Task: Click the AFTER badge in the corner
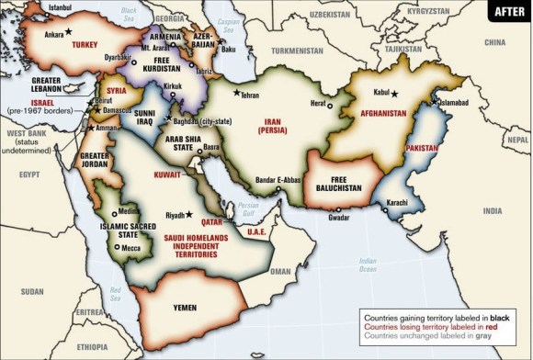pyautogui.click(x=507, y=13)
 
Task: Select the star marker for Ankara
pyautogui.click(x=67, y=32)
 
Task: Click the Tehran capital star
pyautogui.click(x=238, y=93)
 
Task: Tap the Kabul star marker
pyautogui.click(x=395, y=93)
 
